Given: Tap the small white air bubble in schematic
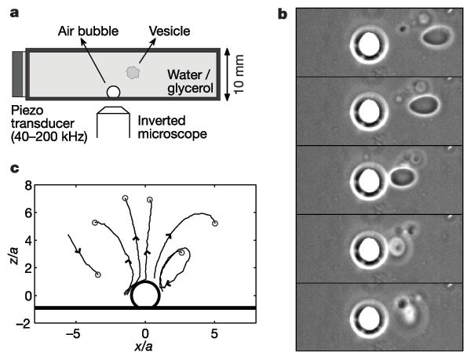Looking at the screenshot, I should coord(114,93).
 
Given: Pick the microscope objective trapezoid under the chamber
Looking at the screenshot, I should coord(114,111).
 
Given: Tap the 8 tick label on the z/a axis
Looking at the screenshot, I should coord(28,186).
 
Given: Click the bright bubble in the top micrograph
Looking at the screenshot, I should coord(369,43).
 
